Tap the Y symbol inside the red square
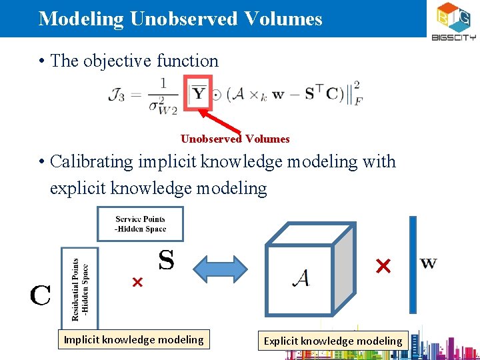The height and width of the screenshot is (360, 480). pos(199,93)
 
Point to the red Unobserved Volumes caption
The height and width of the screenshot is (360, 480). pos(235,139)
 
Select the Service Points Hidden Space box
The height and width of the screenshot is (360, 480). pos(140,224)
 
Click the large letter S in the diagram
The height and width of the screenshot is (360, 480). pos(166,260)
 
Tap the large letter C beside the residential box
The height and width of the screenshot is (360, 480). pos(40,295)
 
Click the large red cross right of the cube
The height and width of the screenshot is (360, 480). pos(383,267)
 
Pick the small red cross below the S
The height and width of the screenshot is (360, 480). pos(137,283)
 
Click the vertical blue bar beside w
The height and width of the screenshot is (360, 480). pos(413,265)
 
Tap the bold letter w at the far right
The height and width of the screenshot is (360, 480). pos(429,263)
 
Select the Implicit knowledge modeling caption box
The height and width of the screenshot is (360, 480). pos(133,340)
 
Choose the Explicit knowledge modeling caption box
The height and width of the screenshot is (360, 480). pos(333,341)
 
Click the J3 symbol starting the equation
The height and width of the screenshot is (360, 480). pos(117,95)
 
